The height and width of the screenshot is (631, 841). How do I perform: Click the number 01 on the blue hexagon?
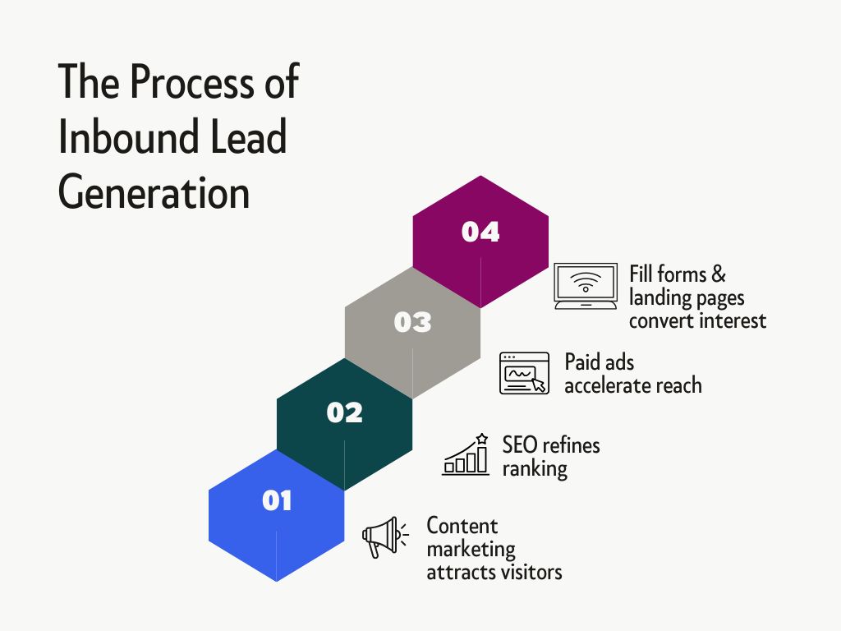click(277, 500)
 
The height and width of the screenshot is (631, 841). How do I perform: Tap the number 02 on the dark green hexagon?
click(345, 412)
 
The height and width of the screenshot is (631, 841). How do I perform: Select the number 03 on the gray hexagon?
click(412, 322)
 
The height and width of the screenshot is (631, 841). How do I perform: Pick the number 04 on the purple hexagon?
click(480, 232)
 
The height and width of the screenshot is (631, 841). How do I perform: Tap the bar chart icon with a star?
click(466, 454)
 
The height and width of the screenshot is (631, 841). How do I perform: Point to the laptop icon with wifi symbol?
click(586, 285)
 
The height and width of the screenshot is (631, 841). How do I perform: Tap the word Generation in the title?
click(154, 191)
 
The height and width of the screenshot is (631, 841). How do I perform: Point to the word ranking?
click(535, 468)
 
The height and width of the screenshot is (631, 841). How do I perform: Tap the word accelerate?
click(607, 385)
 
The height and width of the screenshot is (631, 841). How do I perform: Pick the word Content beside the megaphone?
click(462, 525)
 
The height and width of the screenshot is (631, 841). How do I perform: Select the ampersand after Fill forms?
click(719, 273)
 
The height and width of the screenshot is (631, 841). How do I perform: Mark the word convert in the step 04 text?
click(661, 320)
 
